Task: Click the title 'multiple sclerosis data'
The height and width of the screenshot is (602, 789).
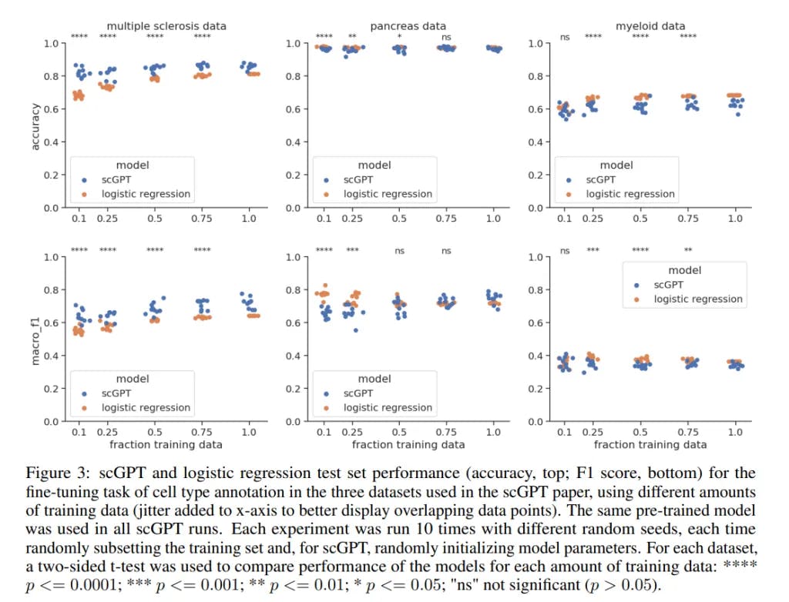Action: click(166, 26)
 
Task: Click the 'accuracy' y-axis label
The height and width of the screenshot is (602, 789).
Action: click(35, 125)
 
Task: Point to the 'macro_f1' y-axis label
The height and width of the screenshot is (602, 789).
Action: click(35, 339)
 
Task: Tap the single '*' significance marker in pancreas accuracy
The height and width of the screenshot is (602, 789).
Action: click(399, 37)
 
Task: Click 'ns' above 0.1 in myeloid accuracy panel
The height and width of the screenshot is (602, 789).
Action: click(565, 37)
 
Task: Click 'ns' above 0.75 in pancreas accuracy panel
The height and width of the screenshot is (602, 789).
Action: click(446, 37)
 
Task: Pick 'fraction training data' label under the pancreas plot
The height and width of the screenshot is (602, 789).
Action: click(408, 444)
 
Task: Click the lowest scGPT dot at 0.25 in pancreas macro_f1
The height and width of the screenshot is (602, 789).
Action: click(355, 330)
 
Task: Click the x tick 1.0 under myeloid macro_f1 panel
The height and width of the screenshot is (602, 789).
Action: click(735, 433)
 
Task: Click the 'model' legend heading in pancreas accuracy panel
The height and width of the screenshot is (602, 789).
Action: click(374, 165)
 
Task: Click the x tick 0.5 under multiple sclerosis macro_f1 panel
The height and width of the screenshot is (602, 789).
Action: click(155, 433)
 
